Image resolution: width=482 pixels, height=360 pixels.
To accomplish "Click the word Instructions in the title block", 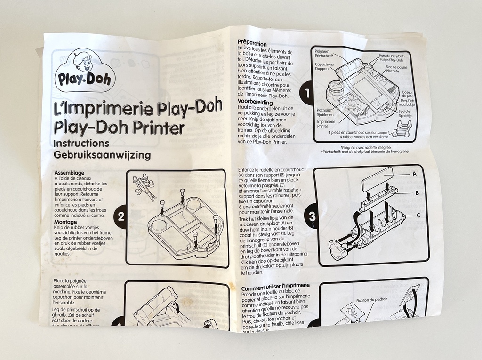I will point(81,143).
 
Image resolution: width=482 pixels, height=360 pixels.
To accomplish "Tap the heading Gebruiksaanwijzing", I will point(102,155).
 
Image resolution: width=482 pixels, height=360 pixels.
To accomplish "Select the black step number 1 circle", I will point(308,94).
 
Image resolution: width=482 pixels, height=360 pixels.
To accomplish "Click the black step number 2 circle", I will point(120,217).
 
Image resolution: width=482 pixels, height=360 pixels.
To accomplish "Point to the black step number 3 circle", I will point(312,217).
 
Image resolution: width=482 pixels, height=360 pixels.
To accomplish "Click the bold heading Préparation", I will point(252,44).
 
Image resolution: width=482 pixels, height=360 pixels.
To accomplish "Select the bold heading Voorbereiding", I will point(255,102).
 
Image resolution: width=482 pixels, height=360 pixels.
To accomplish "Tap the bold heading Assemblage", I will point(70,173).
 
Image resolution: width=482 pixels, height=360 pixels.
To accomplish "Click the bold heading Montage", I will point(65,222).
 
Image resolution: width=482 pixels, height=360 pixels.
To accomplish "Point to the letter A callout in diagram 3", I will point(414,174).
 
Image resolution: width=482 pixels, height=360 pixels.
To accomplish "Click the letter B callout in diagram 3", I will point(417,192).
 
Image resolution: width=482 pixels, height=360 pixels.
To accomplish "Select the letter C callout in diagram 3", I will point(418,215).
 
